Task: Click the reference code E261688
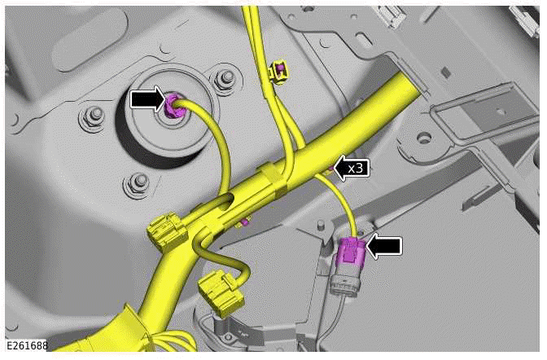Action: click(x=24, y=346)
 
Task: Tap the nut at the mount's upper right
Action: click(x=221, y=80)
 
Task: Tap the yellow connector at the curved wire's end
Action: click(x=217, y=291)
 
